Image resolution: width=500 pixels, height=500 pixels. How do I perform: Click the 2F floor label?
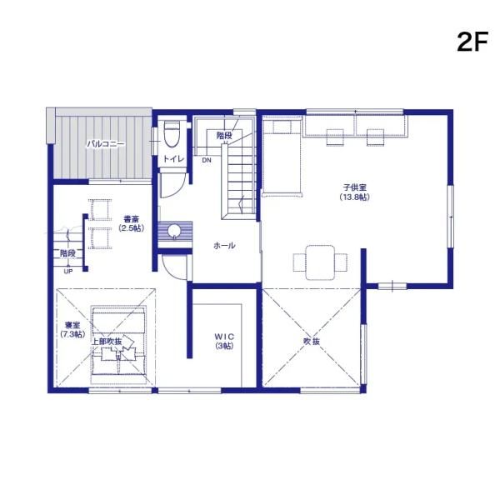click(472, 42)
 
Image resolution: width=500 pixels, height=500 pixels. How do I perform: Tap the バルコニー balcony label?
click(106, 144)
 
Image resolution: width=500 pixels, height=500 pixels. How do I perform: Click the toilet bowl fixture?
click(172, 134)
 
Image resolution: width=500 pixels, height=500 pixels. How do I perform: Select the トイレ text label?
click(174, 159)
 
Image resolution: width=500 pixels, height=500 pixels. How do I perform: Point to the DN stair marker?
click(207, 160)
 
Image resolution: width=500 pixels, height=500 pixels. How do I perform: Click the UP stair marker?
click(68, 272)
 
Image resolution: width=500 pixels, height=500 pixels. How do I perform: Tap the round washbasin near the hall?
click(174, 231)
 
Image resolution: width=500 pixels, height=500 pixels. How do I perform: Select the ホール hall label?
click(224, 246)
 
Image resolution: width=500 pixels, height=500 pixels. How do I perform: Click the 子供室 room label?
click(355, 187)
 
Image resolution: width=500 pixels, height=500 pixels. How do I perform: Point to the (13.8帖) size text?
click(355, 197)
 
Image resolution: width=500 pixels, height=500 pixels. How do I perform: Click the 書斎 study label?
click(131, 219)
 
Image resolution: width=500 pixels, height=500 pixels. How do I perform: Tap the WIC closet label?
click(224, 337)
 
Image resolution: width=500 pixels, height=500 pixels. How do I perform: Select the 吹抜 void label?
click(312, 341)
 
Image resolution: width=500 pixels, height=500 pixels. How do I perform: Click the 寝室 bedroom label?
click(72, 325)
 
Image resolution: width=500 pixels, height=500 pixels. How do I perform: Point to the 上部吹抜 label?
click(107, 341)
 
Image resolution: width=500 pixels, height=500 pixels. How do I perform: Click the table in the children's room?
click(320, 262)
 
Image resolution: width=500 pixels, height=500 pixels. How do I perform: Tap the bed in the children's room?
click(282, 157)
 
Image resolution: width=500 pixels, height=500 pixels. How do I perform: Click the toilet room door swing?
click(172, 186)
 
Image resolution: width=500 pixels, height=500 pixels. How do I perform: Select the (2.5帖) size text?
click(131, 228)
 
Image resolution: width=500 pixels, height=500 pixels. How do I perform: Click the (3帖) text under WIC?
click(224, 346)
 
